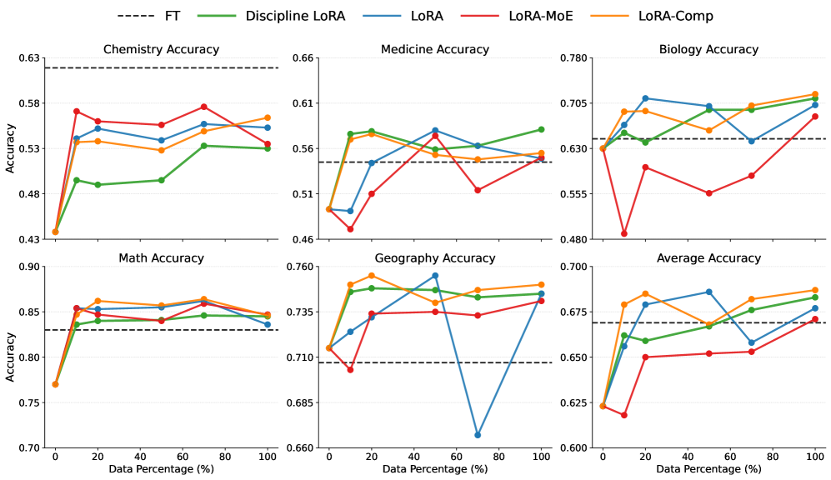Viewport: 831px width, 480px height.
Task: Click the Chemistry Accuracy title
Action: [161, 49]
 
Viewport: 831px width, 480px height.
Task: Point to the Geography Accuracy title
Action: [434, 258]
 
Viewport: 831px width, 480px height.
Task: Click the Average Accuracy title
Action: [708, 258]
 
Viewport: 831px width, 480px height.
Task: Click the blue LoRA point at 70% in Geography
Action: [478, 435]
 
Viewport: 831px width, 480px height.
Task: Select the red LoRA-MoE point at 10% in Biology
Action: [624, 233]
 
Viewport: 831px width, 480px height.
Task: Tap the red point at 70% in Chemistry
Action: [203, 107]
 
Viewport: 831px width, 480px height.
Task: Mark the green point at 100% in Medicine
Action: [541, 129]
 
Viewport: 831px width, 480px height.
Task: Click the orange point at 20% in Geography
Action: [371, 276]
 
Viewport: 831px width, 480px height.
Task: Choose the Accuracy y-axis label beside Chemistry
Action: [10, 148]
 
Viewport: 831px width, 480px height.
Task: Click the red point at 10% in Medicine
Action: [350, 229]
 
